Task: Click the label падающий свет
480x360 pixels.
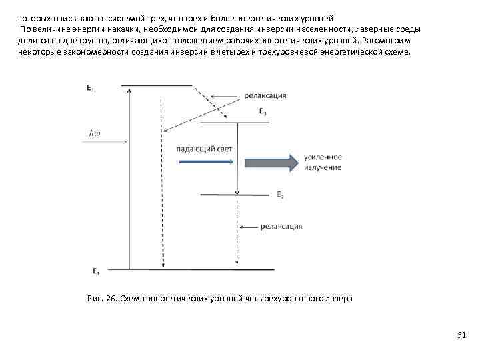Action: (204, 149)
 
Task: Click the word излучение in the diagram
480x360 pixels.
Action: (323, 167)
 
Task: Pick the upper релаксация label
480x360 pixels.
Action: (265, 95)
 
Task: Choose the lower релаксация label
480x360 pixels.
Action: (281, 227)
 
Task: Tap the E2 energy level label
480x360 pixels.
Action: (281, 195)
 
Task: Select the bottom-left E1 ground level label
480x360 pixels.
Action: (96, 272)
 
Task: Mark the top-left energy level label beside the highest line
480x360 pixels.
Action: (90, 87)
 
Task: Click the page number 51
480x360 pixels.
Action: (463, 335)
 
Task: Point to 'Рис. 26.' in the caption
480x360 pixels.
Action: (102, 299)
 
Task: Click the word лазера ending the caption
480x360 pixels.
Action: (339, 299)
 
